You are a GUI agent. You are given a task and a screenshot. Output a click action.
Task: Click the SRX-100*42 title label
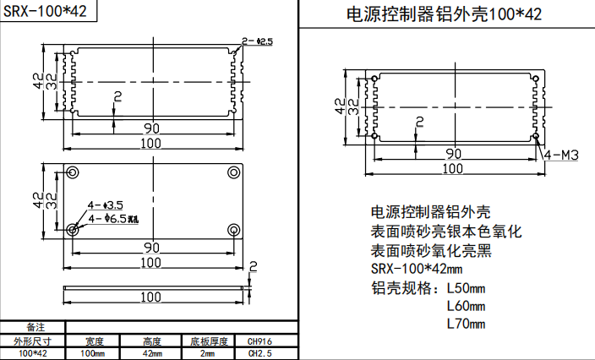pyautogui.click(x=44, y=12)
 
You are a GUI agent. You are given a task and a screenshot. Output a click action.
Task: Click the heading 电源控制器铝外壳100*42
pyautogui.click(x=445, y=14)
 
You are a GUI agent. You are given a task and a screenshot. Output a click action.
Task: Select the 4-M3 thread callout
pyautogui.click(x=560, y=155)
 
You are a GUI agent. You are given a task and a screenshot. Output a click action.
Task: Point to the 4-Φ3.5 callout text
pyautogui.click(x=106, y=205)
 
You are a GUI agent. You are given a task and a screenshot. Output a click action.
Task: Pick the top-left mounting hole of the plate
pyautogui.click(x=73, y=172)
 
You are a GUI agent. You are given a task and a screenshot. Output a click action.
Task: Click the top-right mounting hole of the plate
pyautogui.click(x=232, y=172)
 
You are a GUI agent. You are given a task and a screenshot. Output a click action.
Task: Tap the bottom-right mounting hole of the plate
pyautogui.click(x=232, y=229)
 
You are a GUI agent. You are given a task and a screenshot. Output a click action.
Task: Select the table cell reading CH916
pyautogui.click(x=260, y=341)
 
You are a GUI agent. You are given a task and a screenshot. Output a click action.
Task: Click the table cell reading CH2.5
pyautogui.click(x=260, y=353)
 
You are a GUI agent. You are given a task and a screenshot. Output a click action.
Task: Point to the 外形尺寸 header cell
pyautogui.click(x=32, y=341)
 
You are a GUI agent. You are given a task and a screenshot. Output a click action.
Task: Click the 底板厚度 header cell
pyautogui.click(x=209, y=341)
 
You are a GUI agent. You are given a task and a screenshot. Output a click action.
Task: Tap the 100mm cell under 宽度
pyautogui.click(x=92, y=353)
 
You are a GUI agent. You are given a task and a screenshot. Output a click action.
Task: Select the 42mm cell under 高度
pyautogui.click(x=152, y=353)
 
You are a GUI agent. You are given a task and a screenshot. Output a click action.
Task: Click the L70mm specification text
pyautogui.click(x=466, y=324)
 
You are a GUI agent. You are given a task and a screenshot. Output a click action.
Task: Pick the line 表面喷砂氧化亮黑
pyautogui.click(x=431, y=250)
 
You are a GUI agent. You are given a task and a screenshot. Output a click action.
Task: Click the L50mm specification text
pyautogui.click(x=466, y=287)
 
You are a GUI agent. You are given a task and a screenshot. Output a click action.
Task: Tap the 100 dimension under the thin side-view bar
pyautogui.click(x=152, y=297)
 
